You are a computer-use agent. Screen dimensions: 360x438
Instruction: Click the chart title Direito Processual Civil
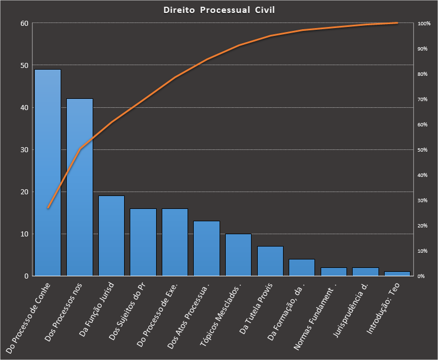(x=219, y=10)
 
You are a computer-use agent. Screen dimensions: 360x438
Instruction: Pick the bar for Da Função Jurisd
(x=111, y=236)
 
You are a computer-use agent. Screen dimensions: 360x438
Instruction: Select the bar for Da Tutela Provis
(x=270, y=261)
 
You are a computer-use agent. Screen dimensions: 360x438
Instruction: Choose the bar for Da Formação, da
(x=302, y=267)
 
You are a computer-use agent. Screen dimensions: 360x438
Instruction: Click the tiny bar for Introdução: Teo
(x=397, y=274)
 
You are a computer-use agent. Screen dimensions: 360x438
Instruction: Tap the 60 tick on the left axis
(x=24, y=24)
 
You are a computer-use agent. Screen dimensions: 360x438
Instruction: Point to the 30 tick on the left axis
(x=24, y=150)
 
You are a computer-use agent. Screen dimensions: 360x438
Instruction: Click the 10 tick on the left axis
(x=24, y=234)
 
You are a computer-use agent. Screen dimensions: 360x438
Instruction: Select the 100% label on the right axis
(x=424, y=24)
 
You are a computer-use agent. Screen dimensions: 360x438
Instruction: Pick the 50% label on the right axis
(x=424, y=150)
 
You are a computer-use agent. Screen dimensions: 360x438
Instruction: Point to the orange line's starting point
(x=48, y=208)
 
